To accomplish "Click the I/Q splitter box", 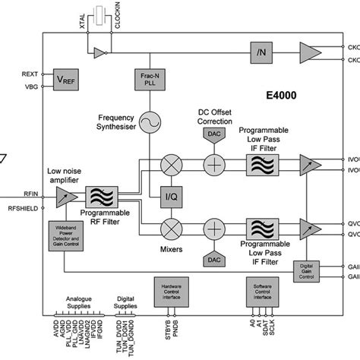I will pyautogui.click(x=172, y=197).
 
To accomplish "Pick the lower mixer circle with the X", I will pyautogui.click(x=172, y=229).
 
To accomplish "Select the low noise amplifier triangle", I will pyautogui.click(x=63, y=196).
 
